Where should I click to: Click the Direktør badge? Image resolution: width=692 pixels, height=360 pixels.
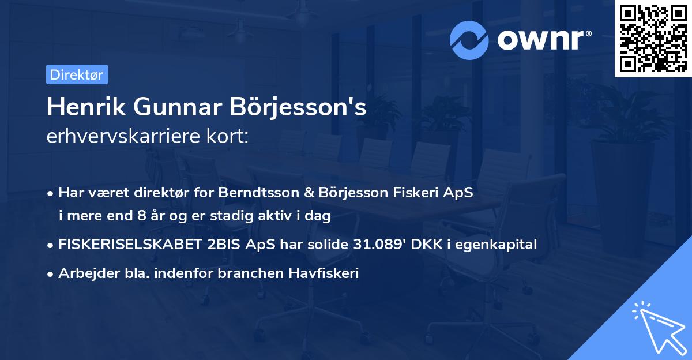click(77, 74)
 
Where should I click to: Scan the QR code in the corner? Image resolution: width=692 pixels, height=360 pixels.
click(652, 38)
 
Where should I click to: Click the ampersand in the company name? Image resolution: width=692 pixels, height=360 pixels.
click(307, 193)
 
